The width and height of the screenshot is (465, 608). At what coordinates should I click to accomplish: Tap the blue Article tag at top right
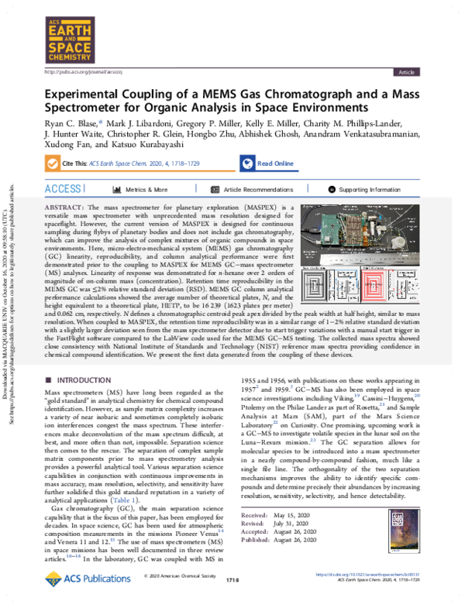pyautogui.click(x=405, y=71)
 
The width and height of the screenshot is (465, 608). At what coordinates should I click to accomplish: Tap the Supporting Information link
pyautogui.click(x=369, y=189)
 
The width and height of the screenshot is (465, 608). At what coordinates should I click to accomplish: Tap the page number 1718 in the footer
pyautogui.click(x=229, y=579)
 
